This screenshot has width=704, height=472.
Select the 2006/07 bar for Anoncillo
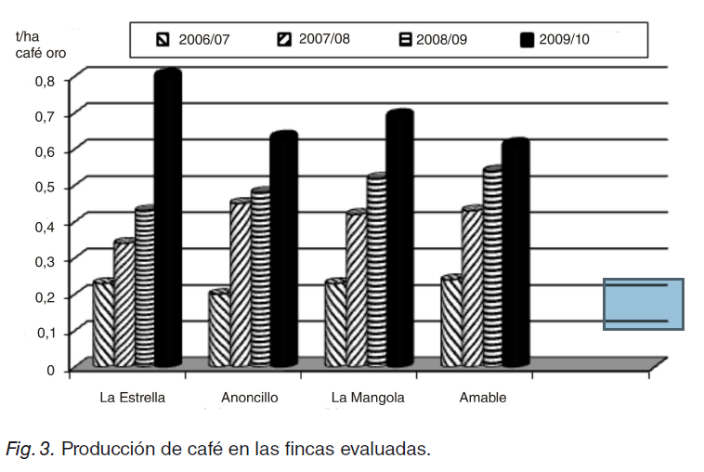(x=219, y=329)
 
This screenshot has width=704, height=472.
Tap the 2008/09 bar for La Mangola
(x=376, y=270)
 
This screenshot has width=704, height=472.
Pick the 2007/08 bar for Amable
(x=472, y=287)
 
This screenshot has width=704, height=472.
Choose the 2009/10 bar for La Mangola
(x=399, y=238)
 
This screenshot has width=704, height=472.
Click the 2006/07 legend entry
(x=196, y=40)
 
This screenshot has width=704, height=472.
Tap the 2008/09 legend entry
(x=436, y=40)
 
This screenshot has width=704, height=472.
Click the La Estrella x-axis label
(x=133, y=398)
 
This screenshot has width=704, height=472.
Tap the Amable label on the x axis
(x=483, y=398)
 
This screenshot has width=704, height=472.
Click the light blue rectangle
(x=643, y=304)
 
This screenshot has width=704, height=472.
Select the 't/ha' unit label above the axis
(x=30, y=36)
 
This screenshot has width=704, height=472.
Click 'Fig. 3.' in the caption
(x=31, y=450)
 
